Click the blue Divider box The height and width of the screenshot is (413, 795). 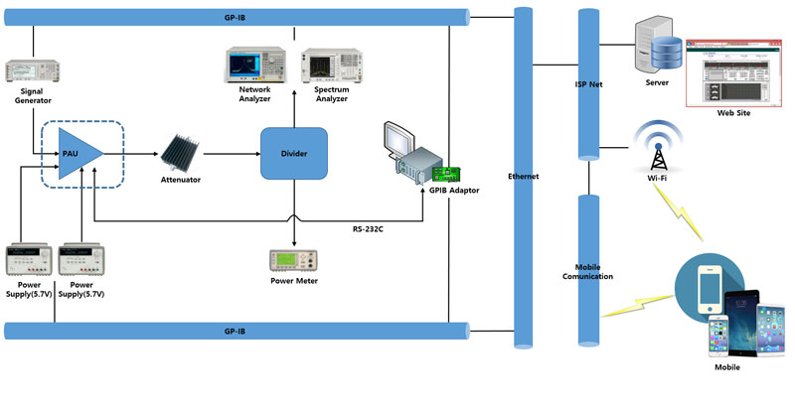294,154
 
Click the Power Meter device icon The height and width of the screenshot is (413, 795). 294,260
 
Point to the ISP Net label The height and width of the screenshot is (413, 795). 589,85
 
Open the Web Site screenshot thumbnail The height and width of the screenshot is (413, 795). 732,72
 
